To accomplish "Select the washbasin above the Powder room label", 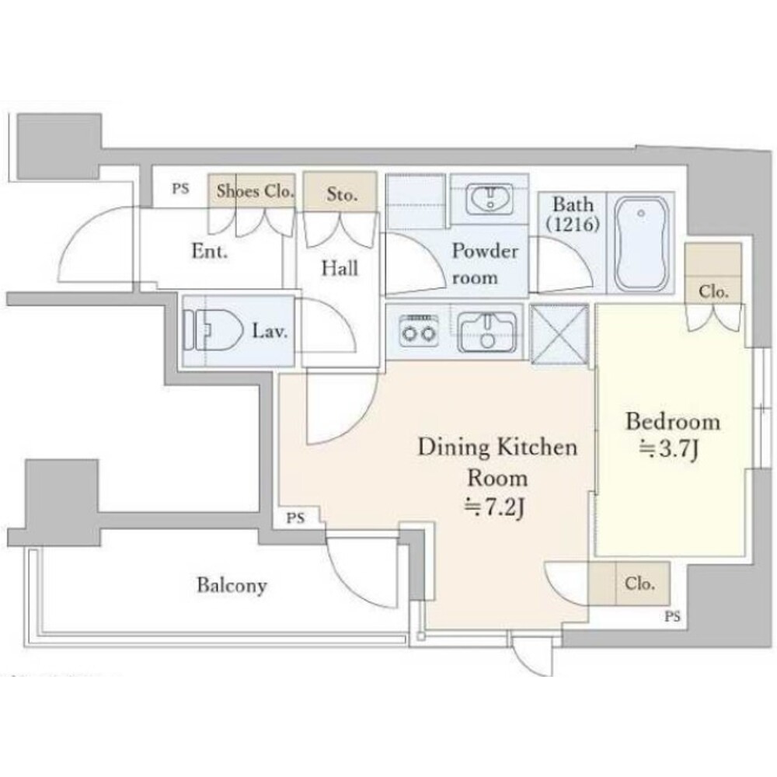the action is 490,197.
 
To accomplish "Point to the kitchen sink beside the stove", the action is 487,332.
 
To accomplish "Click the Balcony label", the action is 232,585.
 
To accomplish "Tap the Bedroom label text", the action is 672,422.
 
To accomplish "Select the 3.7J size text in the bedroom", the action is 669,450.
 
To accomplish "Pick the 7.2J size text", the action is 496,508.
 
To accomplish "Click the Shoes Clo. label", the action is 255,191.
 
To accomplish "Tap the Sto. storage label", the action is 342,194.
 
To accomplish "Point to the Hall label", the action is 340,269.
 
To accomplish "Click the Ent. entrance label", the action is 210,251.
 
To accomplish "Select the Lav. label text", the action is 270,330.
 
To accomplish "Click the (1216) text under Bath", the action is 573,225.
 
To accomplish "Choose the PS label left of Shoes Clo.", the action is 181,189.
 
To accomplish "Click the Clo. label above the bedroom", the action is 713,291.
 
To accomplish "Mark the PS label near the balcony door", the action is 295,518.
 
